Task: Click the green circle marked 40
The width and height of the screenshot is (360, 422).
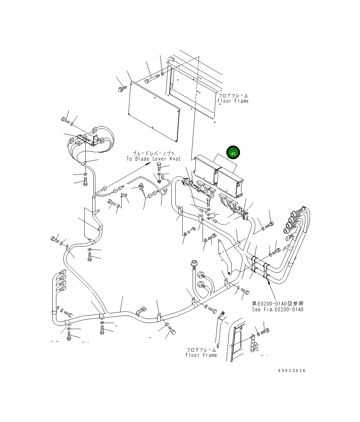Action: pyautogui.click(x=233, y=153)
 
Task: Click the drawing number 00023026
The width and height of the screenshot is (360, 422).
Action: pyautogui.click(x=292, y=370)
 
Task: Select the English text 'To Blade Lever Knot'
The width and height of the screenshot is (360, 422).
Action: pyautogui.click(x=153, y=159)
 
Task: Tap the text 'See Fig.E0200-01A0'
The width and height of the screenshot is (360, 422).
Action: pyautogui.click(x=278, y=309)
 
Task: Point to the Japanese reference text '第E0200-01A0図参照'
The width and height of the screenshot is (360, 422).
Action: pyautogui.click(x=278, y=303)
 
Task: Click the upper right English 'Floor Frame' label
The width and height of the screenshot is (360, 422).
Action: pyautogui.click(x=233, y=101)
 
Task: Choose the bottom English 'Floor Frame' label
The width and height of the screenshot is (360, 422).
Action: pyautogui.click(x=201, y=355)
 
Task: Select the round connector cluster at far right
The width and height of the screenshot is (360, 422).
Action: pyautogui.click(x=293, y=221)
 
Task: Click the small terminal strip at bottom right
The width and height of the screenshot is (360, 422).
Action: pyautogui.click(x=254, y=343)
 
